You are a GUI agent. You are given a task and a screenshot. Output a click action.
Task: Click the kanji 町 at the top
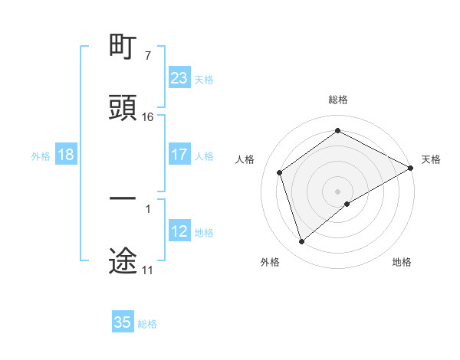pos(123,47)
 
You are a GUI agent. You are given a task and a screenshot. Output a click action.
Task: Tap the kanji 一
pos(123,198)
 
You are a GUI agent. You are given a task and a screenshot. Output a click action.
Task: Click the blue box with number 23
pos(179,78)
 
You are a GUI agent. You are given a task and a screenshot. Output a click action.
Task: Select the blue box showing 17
pos(179,155)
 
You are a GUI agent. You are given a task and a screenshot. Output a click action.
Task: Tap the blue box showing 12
pos(179,231)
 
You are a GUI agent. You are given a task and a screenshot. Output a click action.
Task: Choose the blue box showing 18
pos(66,155)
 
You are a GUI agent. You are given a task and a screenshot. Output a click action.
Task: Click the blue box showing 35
pos(123,322)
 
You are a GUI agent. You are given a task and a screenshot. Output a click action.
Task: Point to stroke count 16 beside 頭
pos(148,117)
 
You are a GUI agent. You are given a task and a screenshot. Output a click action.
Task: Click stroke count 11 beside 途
pos(147,270)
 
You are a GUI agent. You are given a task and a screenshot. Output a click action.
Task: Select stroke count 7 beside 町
pos(147,56)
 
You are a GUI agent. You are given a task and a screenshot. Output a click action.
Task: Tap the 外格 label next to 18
pos(41,155)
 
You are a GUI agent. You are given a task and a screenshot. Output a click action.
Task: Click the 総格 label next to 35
pos(147,323)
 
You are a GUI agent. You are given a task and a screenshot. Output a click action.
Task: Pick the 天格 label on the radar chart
pos(431,159)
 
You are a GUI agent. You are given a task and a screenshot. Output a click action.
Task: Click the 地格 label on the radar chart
pos(402,262)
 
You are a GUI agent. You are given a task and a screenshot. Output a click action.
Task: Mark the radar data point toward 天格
pos(411,168)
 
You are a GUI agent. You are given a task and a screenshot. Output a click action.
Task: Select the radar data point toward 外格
pos(301,242)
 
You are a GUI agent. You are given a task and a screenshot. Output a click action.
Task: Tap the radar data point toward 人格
pos(280,172)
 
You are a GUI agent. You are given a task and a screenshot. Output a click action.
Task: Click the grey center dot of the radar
pos(337,191)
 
